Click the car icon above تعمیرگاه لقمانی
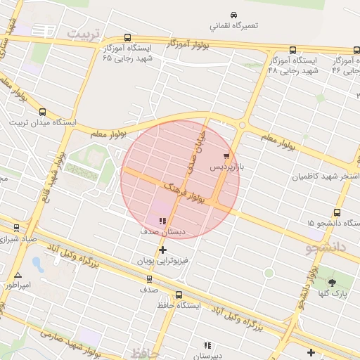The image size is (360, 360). click(233, 15)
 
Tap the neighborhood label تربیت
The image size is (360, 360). click(84, 34)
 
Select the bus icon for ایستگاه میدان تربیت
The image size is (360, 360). click(43, 112)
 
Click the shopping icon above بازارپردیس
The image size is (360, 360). click(226, 156)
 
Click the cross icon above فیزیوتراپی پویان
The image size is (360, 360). click(163, 250)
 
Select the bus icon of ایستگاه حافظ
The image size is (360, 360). click(179, 295)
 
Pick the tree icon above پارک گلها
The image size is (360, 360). click(332, 282)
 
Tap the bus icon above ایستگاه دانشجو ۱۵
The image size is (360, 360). click(337, 212)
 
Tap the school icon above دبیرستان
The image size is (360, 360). click(207, 345)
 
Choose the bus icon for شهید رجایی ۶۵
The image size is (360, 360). click(127, 38)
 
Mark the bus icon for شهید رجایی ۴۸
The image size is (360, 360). click(292, 50)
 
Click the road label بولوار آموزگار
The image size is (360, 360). click(188, 43)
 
